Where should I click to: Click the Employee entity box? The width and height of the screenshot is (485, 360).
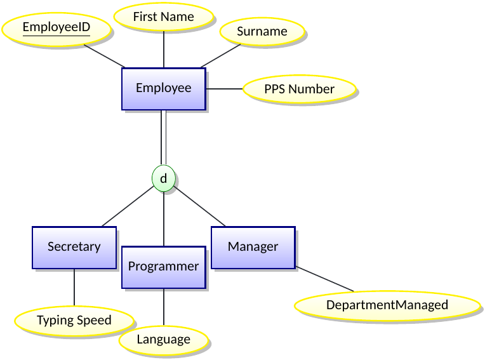tap(164, 88)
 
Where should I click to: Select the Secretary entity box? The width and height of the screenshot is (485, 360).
tap(74, 247)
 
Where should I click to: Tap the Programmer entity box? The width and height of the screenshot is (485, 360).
tap(164, 267)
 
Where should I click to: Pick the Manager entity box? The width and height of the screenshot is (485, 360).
tap(253, 247)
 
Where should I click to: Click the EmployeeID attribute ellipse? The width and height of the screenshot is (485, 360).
tap(56, 28)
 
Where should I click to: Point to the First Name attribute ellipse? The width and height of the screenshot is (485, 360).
tap(163, 17)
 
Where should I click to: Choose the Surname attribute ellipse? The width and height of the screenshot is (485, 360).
tap(262, 32)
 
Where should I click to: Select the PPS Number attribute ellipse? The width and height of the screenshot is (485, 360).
tap(299, 90)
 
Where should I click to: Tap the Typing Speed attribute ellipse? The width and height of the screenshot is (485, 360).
tap(74, 321)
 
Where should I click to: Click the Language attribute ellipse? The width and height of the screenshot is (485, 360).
tap(163, 340)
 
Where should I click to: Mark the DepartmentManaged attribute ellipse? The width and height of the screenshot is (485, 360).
tap(387, 305)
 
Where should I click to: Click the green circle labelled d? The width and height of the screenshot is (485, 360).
tap(164, 179)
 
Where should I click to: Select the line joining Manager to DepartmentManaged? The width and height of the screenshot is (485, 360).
tap(324, 279)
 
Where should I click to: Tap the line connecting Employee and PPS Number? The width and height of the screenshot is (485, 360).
tap(224, 89)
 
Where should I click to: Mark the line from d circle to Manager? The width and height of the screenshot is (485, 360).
tap(200, 207)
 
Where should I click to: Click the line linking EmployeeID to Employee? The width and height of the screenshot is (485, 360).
tap(103, 55)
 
